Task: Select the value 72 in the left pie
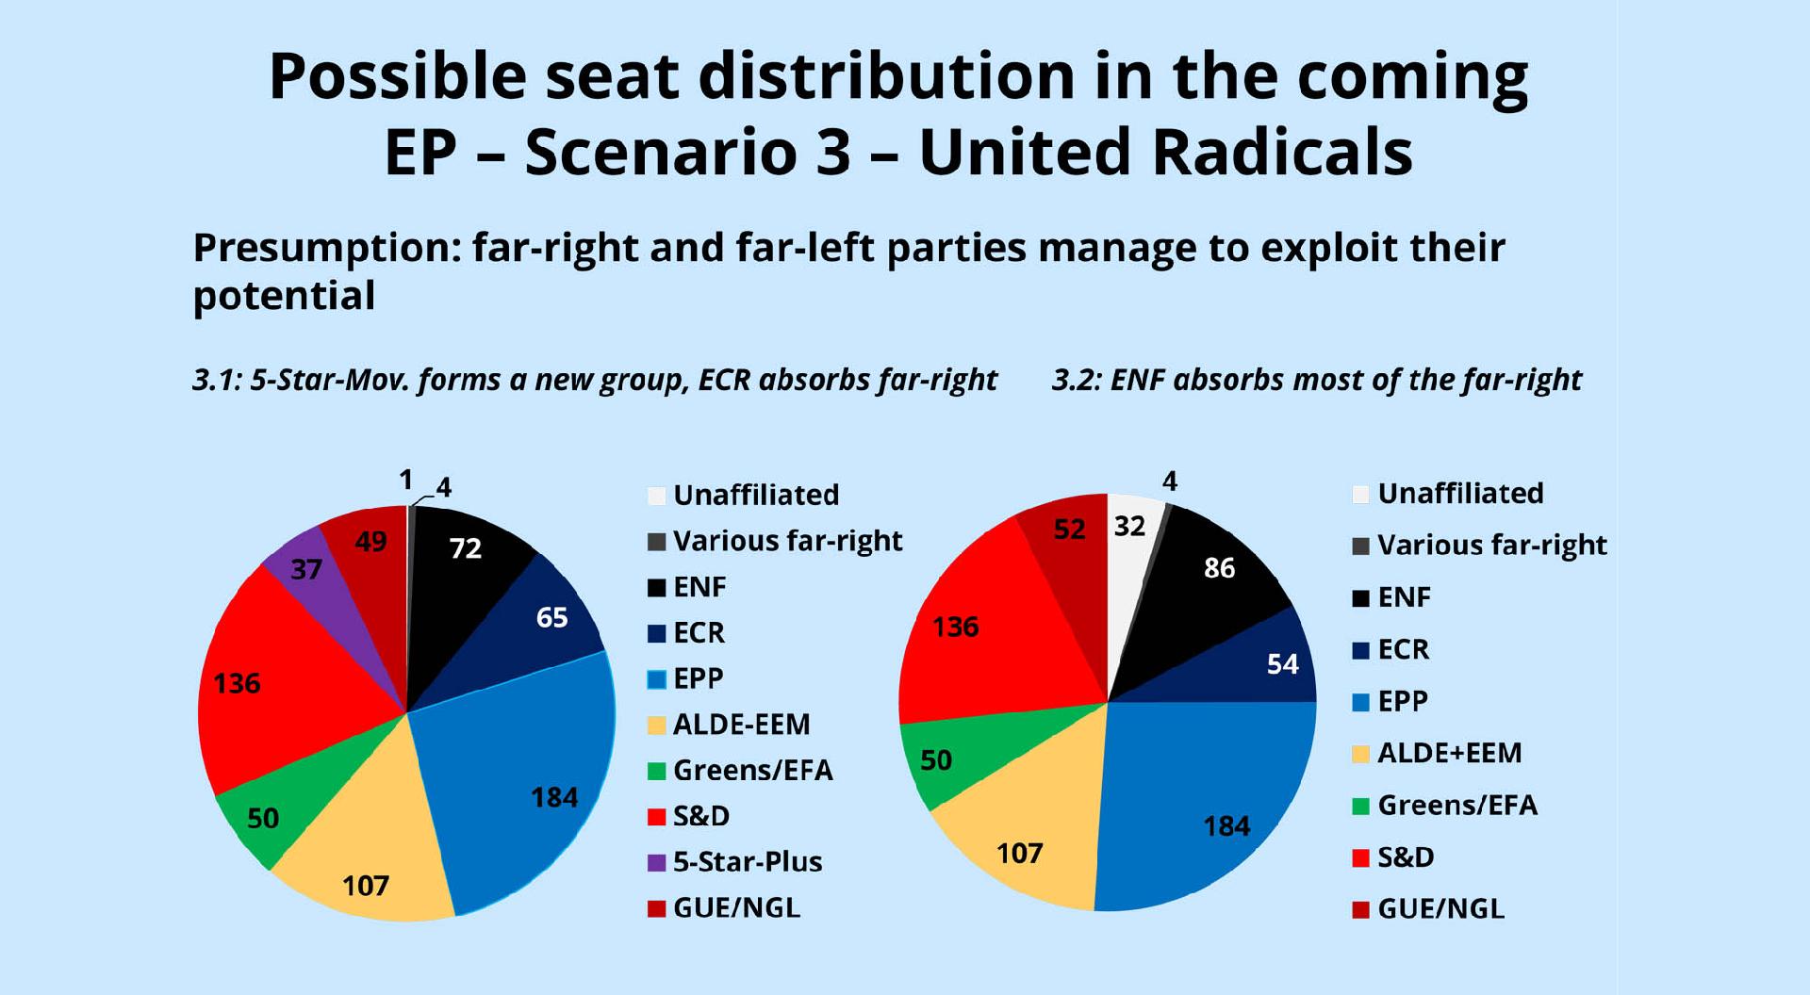tap(466, 548)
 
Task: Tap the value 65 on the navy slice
tap(551, 617)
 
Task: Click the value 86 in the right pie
tap(1219, 568)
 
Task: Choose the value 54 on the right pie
tap(1282, 664)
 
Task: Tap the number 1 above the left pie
tap(406, 481)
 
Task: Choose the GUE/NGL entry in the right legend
tap(1440, 908)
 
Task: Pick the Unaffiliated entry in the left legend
tap(755, 495)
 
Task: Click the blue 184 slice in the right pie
tap(1216, 810)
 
